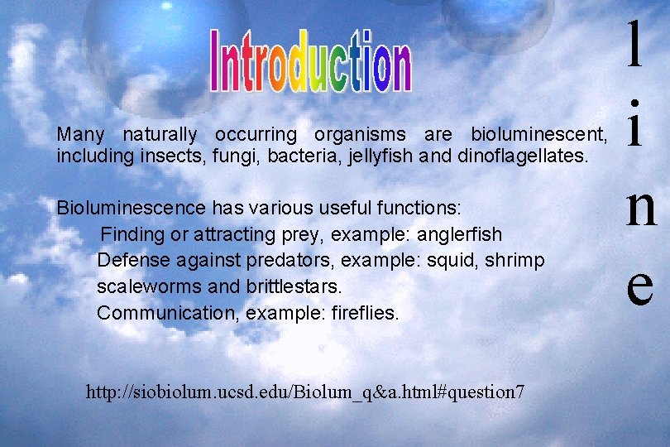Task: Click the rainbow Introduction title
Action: coord(310,59)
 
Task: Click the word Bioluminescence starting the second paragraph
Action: coord(132,206)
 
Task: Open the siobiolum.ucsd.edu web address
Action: coord(304,392)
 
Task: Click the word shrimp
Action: coord(514,261)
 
